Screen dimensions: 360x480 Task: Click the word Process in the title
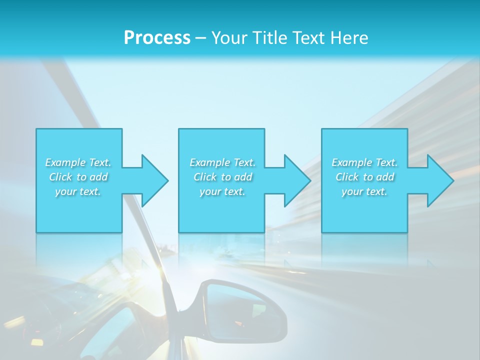pos(157,37)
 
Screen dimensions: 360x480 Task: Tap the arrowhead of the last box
pos(439,180)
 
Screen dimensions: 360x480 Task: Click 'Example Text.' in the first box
pos(78,162)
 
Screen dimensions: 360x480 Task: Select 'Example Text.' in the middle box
pos(222,162)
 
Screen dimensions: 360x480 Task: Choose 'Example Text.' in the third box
pos(364,162)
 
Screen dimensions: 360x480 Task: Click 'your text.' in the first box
pos(78,191)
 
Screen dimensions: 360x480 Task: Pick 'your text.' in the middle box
pos(222,191)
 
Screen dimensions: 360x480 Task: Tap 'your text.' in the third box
pos(364,191)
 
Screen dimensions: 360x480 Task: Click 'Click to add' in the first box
pos(78,177)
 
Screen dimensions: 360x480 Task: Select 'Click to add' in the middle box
pos(222,177)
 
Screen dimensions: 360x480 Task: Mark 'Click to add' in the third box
pos(364,177)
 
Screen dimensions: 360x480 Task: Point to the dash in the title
pos(200,38)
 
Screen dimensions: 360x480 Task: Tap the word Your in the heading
pos(229,37)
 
